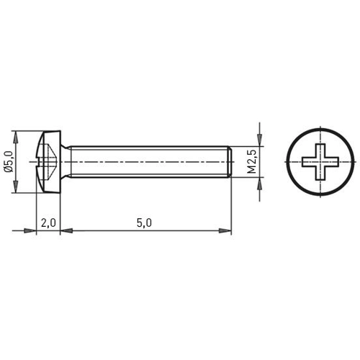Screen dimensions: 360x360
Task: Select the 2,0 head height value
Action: tap(48, 223)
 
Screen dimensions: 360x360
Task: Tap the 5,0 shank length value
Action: tap(144, 223)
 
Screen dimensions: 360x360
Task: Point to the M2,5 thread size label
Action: tap(252, 162)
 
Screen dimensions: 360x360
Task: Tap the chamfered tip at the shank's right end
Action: tap(229, 162)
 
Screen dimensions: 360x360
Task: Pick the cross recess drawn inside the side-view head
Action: tap(45, 162)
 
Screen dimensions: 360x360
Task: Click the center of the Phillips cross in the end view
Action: tap(318, 162)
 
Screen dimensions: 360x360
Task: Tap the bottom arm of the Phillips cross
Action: tap(318, 175)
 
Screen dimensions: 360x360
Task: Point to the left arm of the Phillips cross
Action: tap(305, 162)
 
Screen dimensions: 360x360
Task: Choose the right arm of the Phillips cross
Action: tap(331, 162)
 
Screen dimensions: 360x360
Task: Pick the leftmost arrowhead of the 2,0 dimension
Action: tap(30, 231)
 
